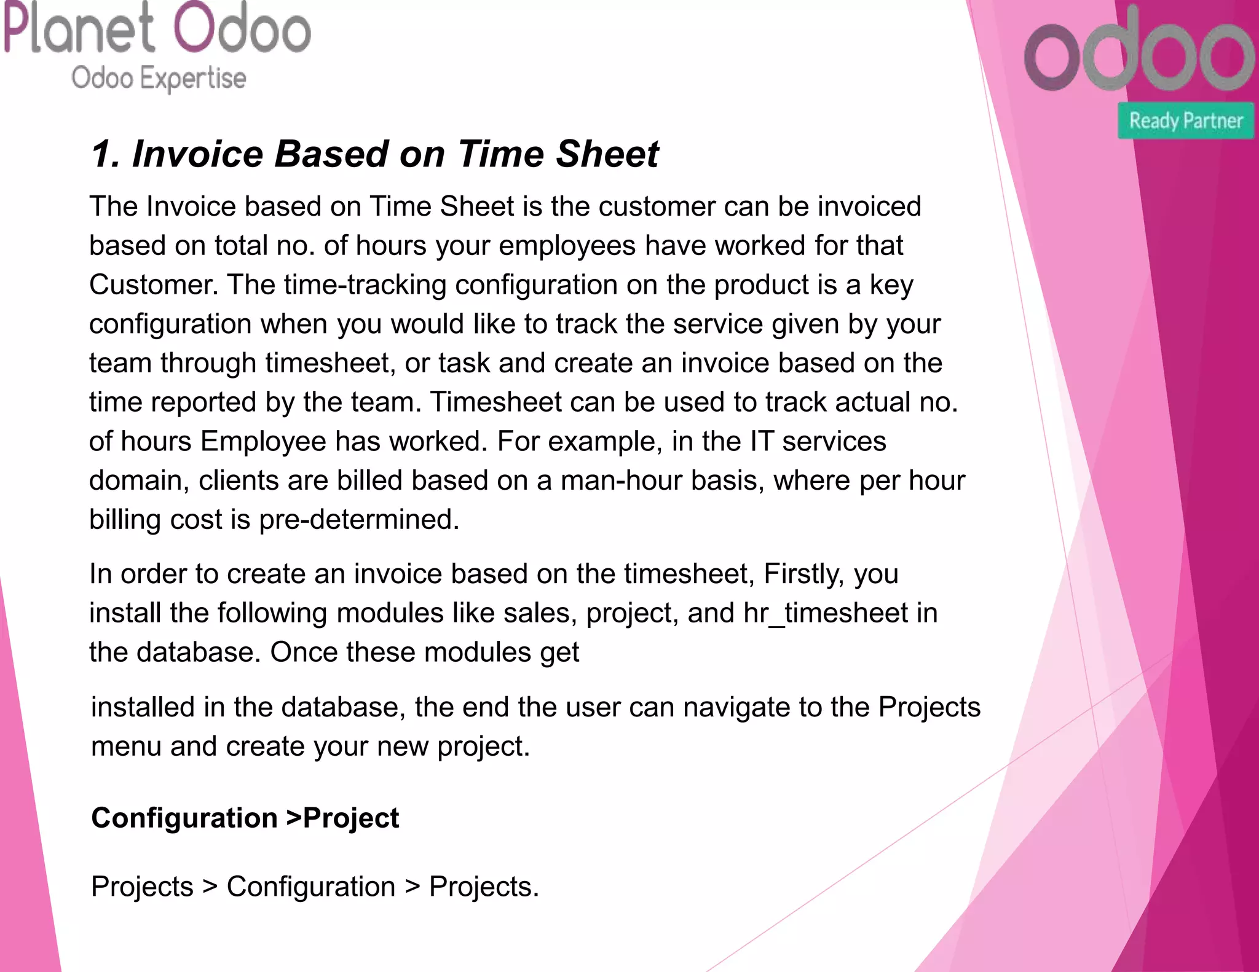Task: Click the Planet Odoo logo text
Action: [157, 28]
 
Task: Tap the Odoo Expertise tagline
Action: [159, 79]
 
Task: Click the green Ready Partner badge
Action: [1186, 120]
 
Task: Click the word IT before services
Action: [761, 442]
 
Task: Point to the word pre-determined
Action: [358, 520]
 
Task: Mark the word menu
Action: [126, 747]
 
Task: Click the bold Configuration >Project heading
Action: [245, 818]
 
